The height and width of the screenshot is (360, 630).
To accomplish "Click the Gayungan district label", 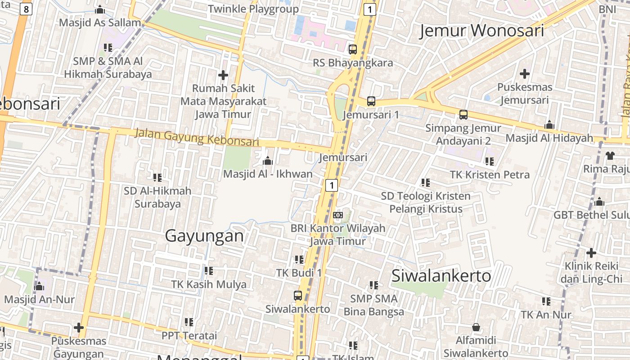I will (x=204, y=236).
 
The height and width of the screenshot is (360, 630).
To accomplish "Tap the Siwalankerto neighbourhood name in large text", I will (x=441, y=275).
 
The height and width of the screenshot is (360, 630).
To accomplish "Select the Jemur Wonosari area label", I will (x=481, y=31).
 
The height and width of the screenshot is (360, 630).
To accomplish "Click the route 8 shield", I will (x=26, y=9).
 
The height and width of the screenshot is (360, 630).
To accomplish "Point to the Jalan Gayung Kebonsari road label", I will (x=197, y=137).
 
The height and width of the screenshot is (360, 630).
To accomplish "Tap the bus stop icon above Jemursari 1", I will (x=371, y=101).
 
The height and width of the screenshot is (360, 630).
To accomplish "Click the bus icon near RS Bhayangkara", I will (x=353, y=49).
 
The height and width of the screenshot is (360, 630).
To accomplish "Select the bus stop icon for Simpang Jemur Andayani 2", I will (x=463, y=115).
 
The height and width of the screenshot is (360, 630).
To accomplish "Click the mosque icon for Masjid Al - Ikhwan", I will (x=268, y=161).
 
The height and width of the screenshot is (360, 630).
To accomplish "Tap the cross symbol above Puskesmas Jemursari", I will (x=524, y=74).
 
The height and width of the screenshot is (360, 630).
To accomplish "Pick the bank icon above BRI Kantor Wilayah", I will (x=338, y=215).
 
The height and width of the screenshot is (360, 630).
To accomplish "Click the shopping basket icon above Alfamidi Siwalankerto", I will (x=476, y=327).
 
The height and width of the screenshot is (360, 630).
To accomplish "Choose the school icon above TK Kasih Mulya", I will (x=208, y=271).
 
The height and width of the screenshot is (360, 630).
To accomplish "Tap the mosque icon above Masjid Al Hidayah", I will (x=549, y=125).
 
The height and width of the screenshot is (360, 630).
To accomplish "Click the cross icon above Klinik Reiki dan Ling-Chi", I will (x=591, y=253).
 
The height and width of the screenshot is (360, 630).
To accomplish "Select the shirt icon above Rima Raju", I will (x=610, y=156).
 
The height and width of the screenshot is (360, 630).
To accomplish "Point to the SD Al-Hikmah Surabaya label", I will (x=157, y=197).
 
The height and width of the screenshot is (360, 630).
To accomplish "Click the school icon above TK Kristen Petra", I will (x=490, y=161).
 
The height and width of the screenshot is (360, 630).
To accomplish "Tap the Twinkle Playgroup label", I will (x=253, y=9).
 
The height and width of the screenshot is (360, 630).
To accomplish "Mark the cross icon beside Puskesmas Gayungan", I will (x=79, y=328).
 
